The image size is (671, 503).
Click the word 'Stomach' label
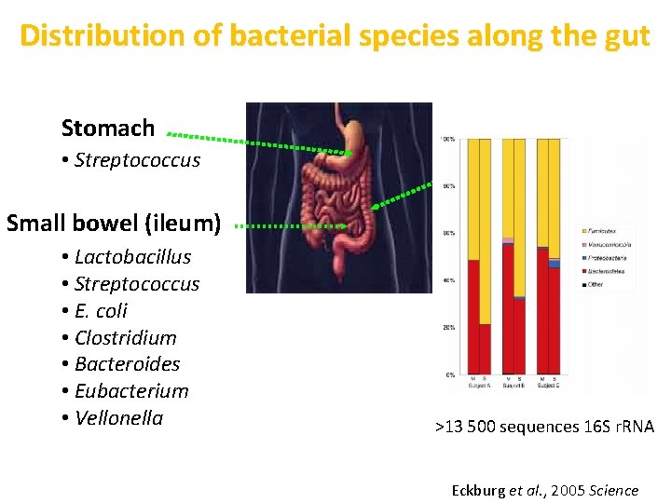(x=108, y=128)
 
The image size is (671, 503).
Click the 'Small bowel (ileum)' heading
(x=114, y=224)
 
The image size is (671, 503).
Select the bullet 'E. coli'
(x=101, y=310)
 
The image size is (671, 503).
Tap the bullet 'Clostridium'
(x=125, y=337)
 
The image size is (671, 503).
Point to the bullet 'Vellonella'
(x=118, y=418)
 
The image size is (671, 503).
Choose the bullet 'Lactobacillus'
(x=132, y=256)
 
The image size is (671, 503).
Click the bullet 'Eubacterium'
(x=131, y=391)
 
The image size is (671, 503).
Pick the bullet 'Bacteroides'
(x=127, y=364)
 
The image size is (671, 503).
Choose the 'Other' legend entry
(x=595, y=284)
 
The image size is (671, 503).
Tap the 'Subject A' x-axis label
(x=479, y=384)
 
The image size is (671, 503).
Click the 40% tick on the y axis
(x=449, y=280)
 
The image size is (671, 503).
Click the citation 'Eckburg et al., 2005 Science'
(x=544, y=490)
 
